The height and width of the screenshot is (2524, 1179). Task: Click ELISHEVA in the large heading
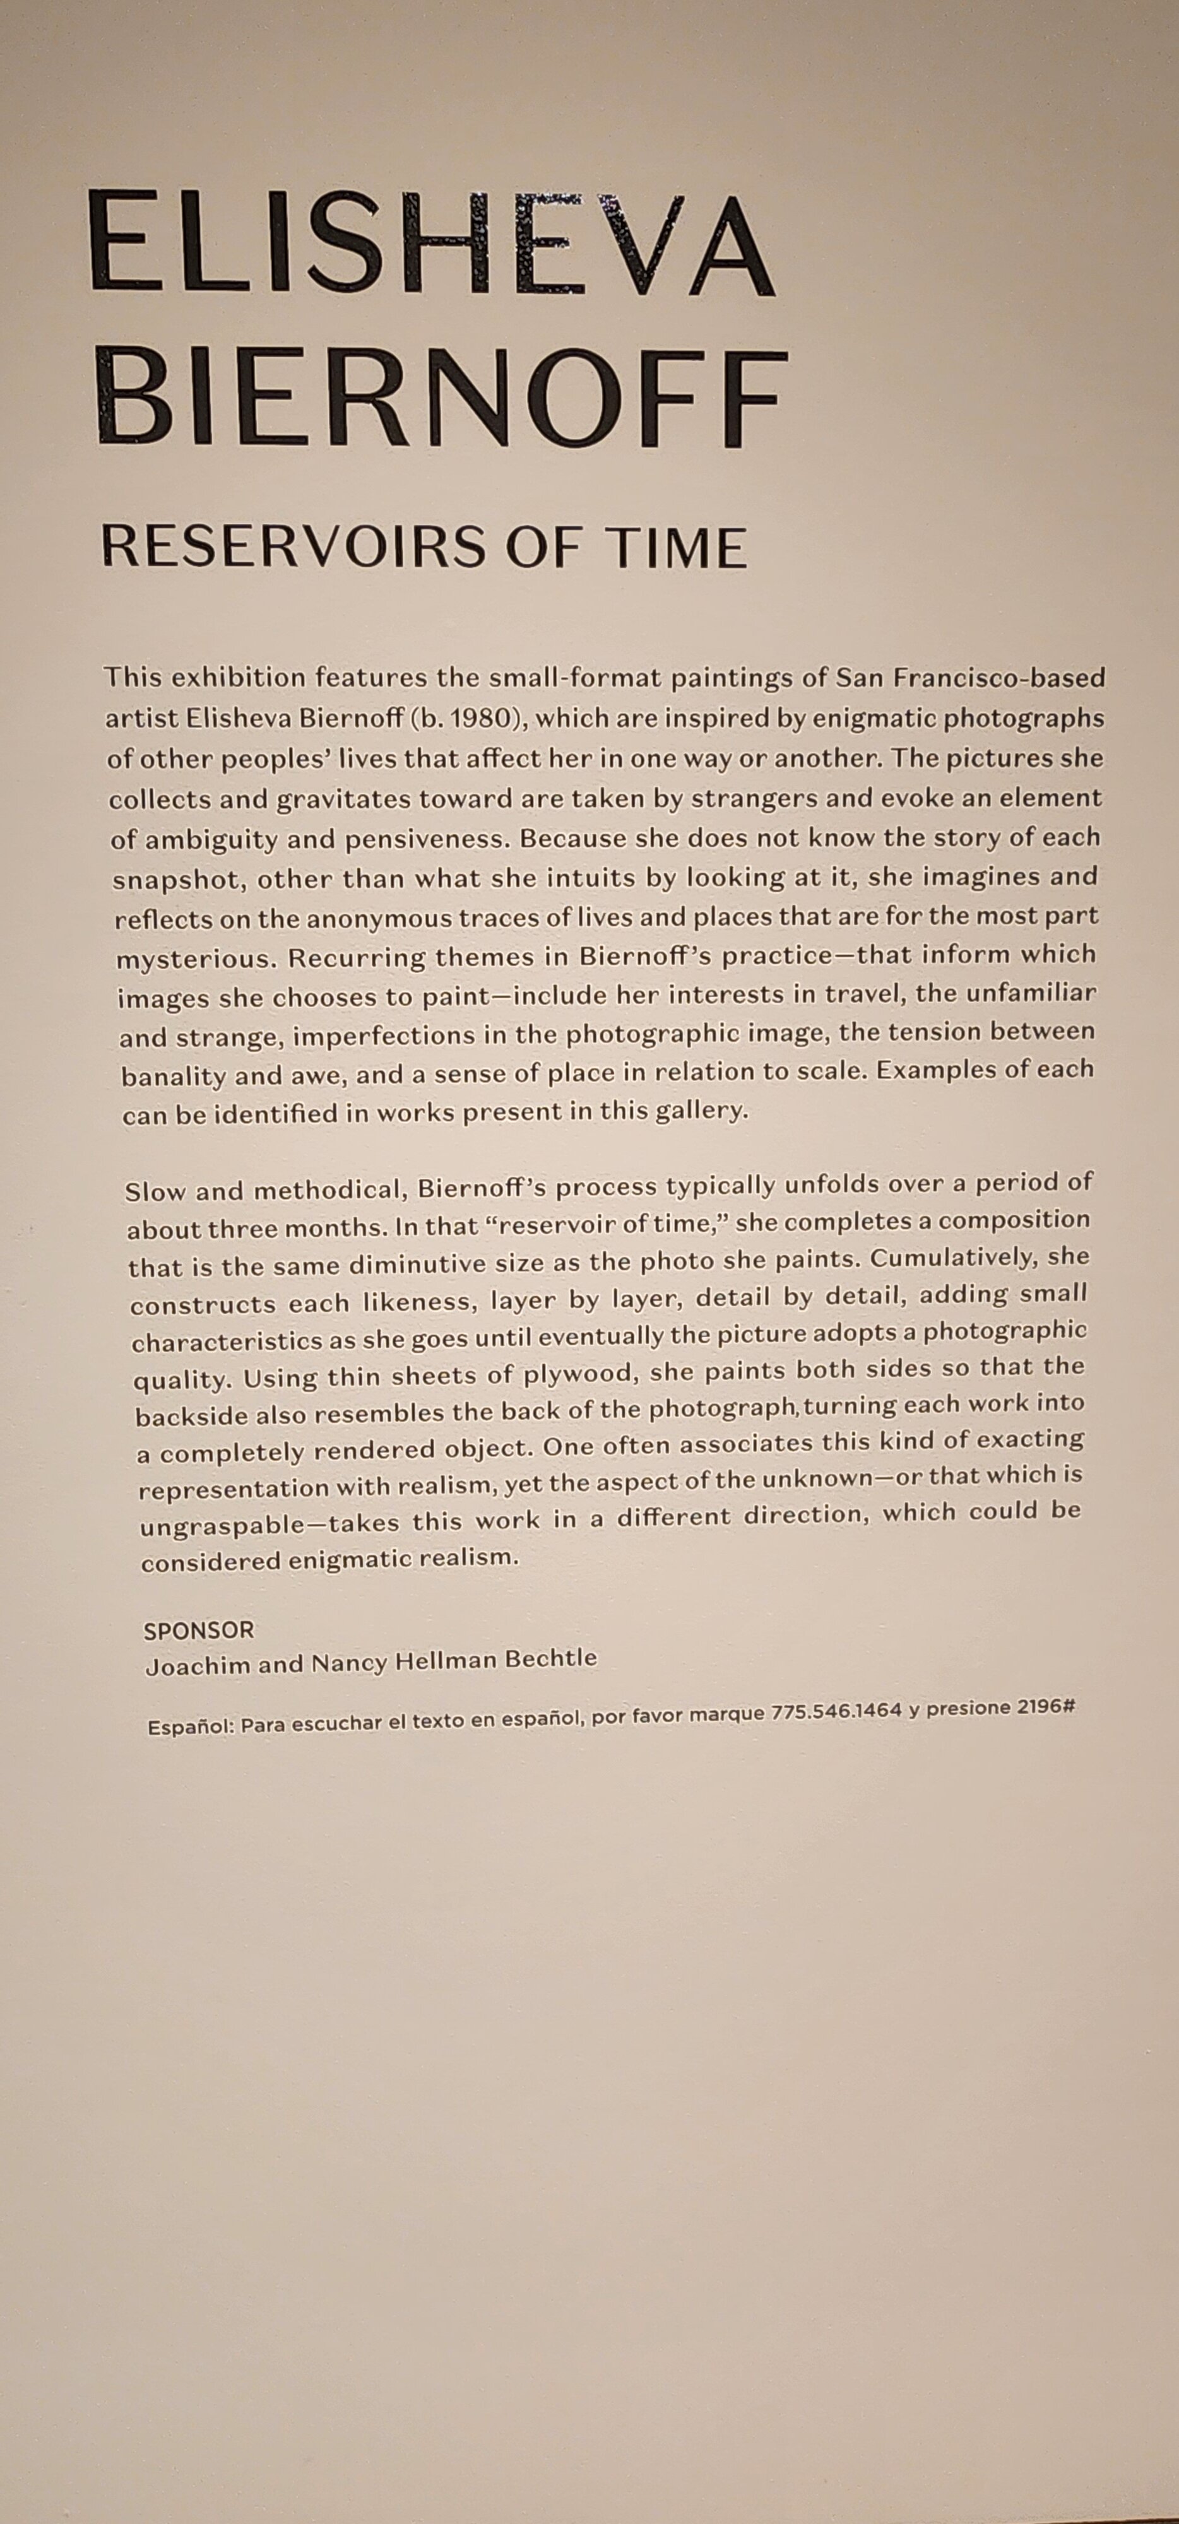430,243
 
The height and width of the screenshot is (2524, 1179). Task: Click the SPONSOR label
199,1631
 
